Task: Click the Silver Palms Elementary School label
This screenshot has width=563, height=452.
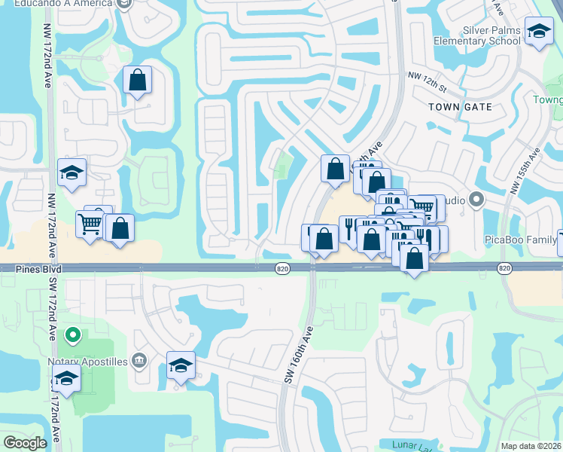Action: click(476, 35)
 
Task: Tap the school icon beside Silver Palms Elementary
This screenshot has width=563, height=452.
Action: click(539, 32)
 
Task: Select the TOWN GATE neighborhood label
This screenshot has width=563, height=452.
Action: click(460, 107)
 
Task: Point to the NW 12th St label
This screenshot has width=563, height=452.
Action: click(427, 76)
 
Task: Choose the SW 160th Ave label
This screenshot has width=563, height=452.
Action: click(299, 354)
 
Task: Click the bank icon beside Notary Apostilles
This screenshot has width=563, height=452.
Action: click(138, 361)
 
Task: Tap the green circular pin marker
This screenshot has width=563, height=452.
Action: click(72, 334)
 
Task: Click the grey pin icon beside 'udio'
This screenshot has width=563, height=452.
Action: click(474, 200)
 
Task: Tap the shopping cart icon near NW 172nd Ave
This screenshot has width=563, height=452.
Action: click(90, 223)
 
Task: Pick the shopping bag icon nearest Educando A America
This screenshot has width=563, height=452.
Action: click(138, 80)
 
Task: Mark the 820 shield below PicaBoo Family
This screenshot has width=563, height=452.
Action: click(504, 268)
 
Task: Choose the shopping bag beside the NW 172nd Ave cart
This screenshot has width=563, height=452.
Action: click(120, 228)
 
